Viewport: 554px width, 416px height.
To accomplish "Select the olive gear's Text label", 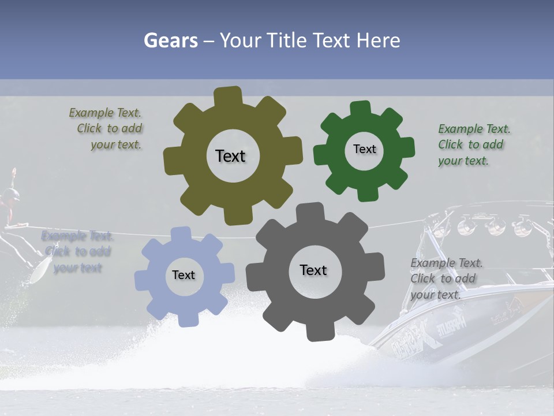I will click(x=230, y=156).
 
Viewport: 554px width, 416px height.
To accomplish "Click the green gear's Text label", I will click(x=364, y=149).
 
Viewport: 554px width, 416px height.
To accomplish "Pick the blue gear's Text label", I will click(x=184, y=275).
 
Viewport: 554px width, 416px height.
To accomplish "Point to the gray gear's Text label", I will click(x=313, y=270).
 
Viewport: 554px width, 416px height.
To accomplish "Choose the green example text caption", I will click(x=473, y=144).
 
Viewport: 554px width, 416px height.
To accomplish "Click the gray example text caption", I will click(x=446, y=278).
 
